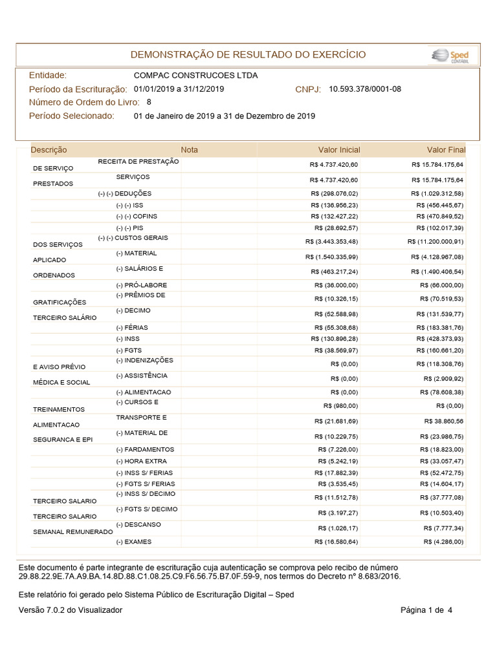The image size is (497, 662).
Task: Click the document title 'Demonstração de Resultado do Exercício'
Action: [248, 55]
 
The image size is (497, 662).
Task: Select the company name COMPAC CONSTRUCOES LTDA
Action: [195, 76]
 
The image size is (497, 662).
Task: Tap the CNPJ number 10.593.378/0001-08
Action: [365, 89]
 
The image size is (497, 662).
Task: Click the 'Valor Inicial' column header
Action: [338, 150]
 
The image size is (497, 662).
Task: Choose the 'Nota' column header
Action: [190, 150]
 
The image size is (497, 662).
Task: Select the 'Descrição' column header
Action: [49, 150]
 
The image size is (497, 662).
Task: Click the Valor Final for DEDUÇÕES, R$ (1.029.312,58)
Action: [437, 193]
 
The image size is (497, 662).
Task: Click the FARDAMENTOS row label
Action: [145, 449]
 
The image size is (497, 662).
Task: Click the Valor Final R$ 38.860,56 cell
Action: [443, 421]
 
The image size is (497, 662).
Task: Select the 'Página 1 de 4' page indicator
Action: [426, 610]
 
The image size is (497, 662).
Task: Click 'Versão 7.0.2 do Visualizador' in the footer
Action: [71, 610]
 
